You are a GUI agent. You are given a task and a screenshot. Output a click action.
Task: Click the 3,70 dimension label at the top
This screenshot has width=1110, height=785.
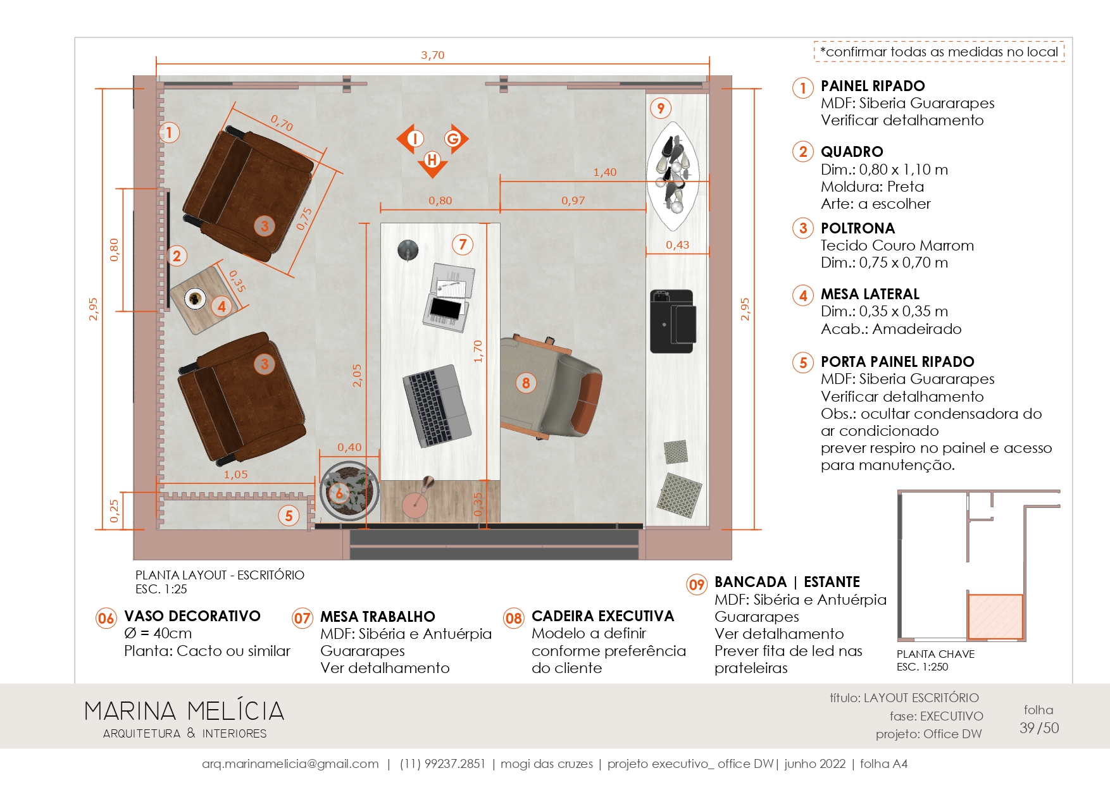pyautogui.click(x=433, y=55)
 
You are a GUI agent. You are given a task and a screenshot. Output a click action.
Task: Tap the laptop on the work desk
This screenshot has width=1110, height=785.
pyautogui.click(x=437, y=405)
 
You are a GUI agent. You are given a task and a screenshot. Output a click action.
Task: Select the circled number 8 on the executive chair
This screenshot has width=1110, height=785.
pyautogui.click(x=526, y=383)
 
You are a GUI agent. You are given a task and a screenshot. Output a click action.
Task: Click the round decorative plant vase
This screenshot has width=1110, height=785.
pyautogui.click(x=349, y=491)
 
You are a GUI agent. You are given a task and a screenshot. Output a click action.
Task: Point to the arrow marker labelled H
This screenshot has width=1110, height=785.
pyautogui.click(x=433, y=163)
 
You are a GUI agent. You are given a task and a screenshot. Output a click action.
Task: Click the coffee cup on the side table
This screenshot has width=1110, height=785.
pyautogui.click(x=195, y=297)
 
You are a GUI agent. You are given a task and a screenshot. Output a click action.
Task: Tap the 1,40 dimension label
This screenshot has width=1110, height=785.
pyautogui.click(x=604, y=172)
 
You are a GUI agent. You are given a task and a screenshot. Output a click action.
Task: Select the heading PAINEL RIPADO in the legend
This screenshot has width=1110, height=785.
pyautogui.click(x=873, y=86)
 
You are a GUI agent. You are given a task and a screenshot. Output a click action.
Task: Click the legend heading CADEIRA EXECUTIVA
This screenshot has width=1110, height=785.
pyautogui.click(x=602, y=616)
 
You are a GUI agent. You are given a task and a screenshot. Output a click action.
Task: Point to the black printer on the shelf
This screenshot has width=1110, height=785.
pyautogui.click(x=672, y=321)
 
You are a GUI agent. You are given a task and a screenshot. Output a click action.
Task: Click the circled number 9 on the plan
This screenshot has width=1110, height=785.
pyautogui.click(x=661, y=108)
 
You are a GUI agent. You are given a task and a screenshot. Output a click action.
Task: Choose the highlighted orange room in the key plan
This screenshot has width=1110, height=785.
pyautogui.click(x=995, y=616)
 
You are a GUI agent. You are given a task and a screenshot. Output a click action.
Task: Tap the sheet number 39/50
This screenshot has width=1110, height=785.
pyautogui.click(x=1038, y=728)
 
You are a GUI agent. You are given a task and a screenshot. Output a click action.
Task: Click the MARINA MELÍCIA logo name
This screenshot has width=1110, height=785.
pyautogui.click(x=184, y=711)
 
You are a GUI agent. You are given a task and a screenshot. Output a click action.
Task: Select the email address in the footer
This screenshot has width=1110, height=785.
pyautogui.click(x=290, y=764)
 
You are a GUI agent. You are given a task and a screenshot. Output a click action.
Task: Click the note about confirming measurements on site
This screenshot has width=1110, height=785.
pyautogui.click(x=939, y=52)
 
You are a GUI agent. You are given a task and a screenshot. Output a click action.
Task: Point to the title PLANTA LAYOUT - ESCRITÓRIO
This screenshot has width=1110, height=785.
pyautogui.click(x=220, y=575)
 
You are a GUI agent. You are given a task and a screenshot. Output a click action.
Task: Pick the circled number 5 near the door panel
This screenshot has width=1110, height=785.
pyautogui.click(x=289, y=516)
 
